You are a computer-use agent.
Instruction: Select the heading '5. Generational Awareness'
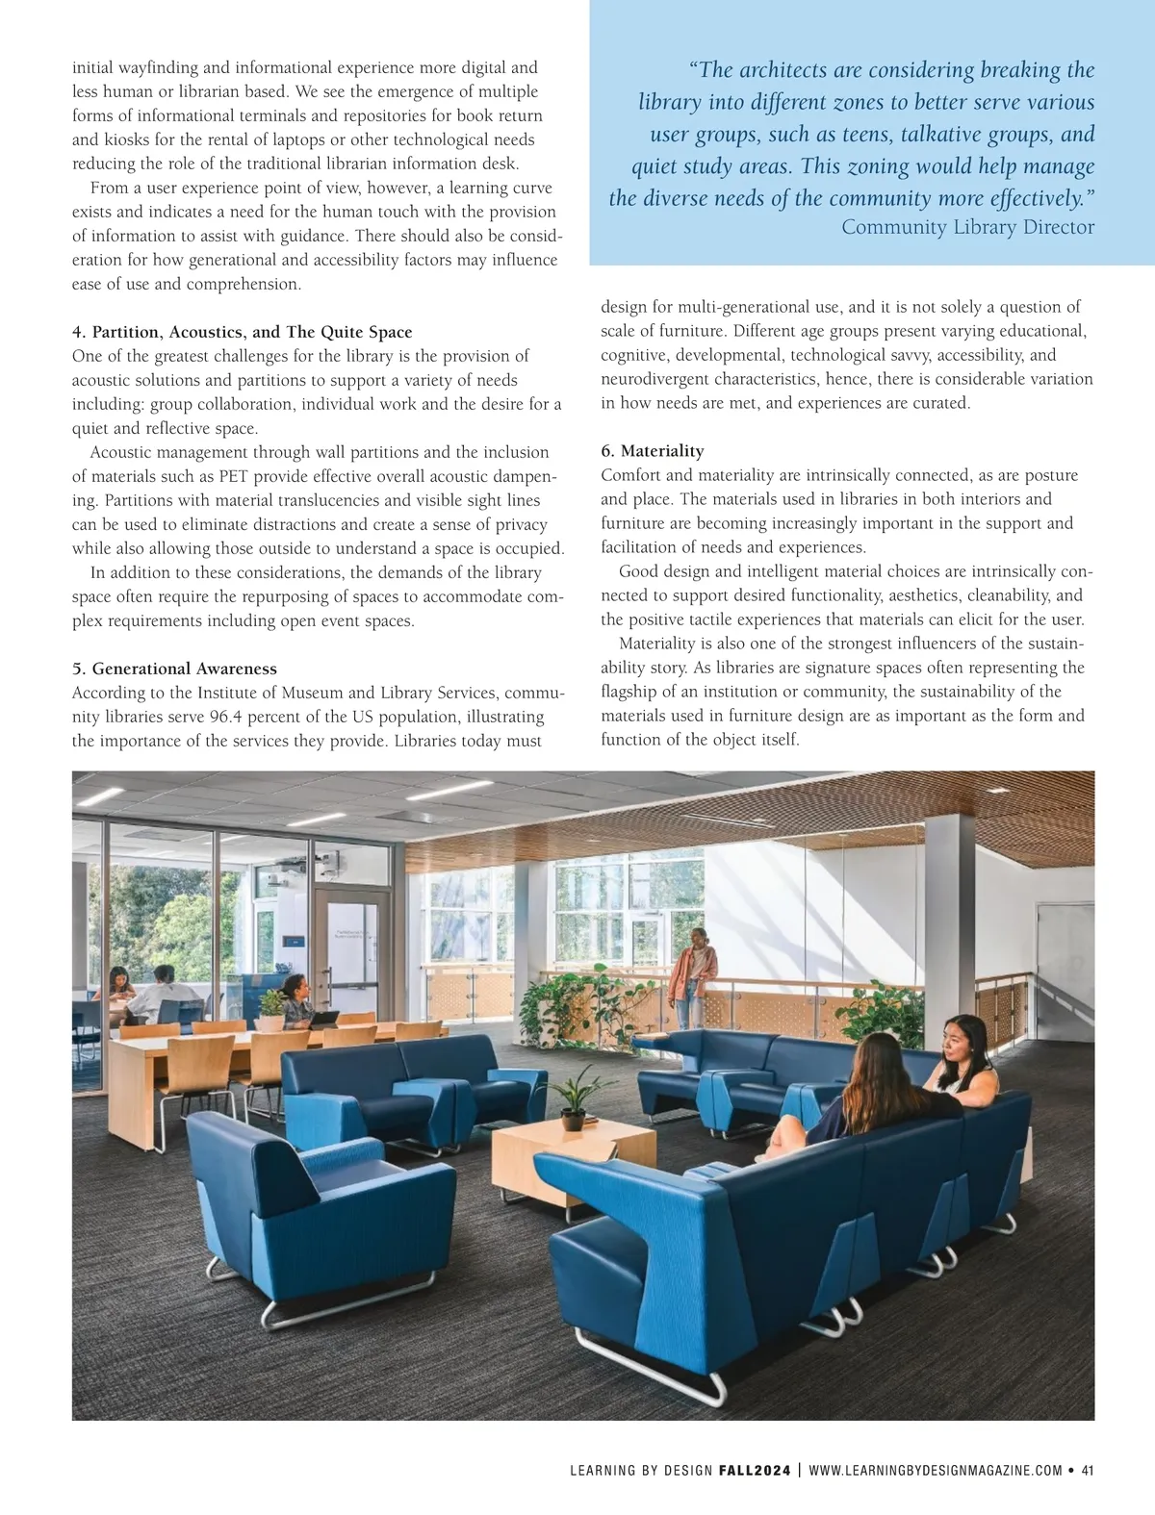pyautogui.click(x=174, y=669)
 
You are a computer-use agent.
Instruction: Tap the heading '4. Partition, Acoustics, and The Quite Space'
pyautogui.click(x=242, y=332)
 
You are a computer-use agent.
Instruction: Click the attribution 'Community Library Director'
pyautogui.click(x=967, y=227)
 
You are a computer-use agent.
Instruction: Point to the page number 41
pyautogui.click(x=1088, y=1470)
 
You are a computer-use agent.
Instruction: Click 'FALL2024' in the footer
pyautogui.click(x=755, y=1470)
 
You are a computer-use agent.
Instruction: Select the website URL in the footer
pyautogui.click(x=936, y=1470)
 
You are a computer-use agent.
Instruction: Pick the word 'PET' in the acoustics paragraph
pyautogui.click(x=234, y=476)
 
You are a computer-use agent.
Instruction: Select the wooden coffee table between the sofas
pyautogui.click(x=572, y=1159)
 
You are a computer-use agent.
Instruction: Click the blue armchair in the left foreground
pyautogui.click(x=318, y=1212)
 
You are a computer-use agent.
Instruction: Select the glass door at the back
pyautogui.click(x=348, y=943)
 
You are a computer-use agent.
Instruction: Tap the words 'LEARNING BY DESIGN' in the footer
pyautogui.click(x=640, y=1470)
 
